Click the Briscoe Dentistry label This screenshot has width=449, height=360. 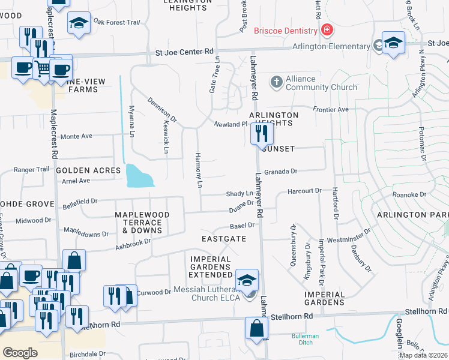coord(285,31)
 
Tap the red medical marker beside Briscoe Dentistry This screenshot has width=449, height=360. coord(327,30)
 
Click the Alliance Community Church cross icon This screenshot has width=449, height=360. coord(276,82)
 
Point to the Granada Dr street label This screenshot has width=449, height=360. coord(281,172)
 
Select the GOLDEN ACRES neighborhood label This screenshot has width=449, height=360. coord(88,170)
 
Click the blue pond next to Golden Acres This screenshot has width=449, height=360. coord(137,176)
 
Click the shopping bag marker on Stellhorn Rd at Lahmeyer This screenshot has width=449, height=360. coord(256,329)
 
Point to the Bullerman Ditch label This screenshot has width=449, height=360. coord(305,340)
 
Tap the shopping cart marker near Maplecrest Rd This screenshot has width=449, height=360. coord(43,68)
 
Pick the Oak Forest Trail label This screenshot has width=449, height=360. coord(116,22)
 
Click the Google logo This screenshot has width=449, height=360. coord(20,353)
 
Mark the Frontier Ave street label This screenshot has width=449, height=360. coord(330,110)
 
